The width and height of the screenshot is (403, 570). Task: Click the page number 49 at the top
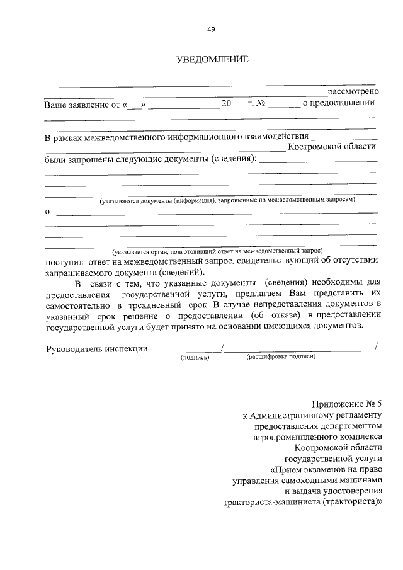click(211, 29)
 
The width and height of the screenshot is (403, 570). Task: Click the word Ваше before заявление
click(55, 104)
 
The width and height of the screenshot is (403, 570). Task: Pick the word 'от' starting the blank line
click(49, 211)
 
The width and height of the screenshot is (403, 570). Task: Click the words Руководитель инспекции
click(96, 348)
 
